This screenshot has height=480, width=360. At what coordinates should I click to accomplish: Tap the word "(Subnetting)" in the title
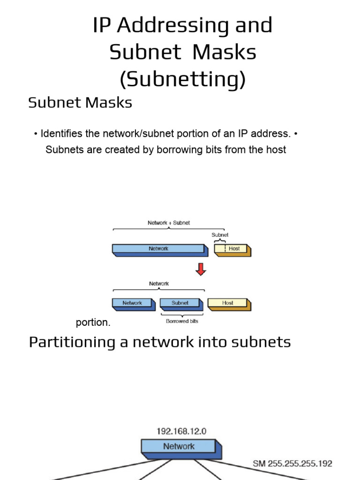(x=182, y=79)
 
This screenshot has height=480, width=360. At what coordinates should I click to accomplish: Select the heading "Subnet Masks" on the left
(x=80, y=103)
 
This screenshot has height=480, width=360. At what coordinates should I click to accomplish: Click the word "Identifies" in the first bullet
(x=62, y=134)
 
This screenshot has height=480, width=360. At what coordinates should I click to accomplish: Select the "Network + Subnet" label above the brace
(x=169, y=223)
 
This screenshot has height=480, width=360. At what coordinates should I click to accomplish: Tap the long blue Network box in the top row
(x=158, y=249)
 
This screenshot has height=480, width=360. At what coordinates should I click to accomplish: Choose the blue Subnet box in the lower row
(x=180, y=303)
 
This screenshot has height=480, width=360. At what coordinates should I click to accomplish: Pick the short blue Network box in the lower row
(x=133, y=303)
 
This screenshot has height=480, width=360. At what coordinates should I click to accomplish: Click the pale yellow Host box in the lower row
(x=228, y=303)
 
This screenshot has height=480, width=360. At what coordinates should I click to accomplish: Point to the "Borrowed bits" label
(x=182, y=322)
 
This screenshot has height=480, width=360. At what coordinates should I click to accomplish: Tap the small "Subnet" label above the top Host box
(x=220, y=235)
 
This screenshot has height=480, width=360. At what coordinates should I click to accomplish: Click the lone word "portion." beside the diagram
(x=93, y=323)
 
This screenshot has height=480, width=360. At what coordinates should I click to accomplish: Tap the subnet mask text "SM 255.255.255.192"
(x=292, y=464)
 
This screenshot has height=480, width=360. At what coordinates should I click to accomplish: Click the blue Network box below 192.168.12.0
(x=179, y=447)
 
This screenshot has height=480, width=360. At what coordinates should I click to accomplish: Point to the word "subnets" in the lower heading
(x=262, y=342)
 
